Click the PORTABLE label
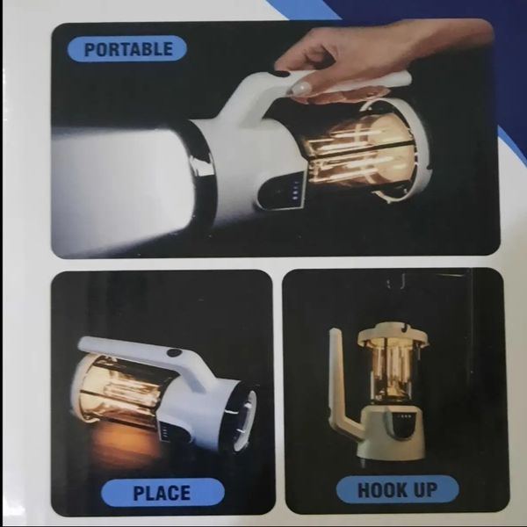pyautogui.click(x=127, y=49)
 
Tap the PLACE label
pyautogui.click(x=162, y=493)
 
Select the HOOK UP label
pyautogui.click(x=397, y=490)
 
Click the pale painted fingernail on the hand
pyautogui.click(x=300, y=87)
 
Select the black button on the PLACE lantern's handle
pyautogui.click(x=174, y=353)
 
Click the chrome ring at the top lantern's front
pyautogui.click(x=202, y=168)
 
